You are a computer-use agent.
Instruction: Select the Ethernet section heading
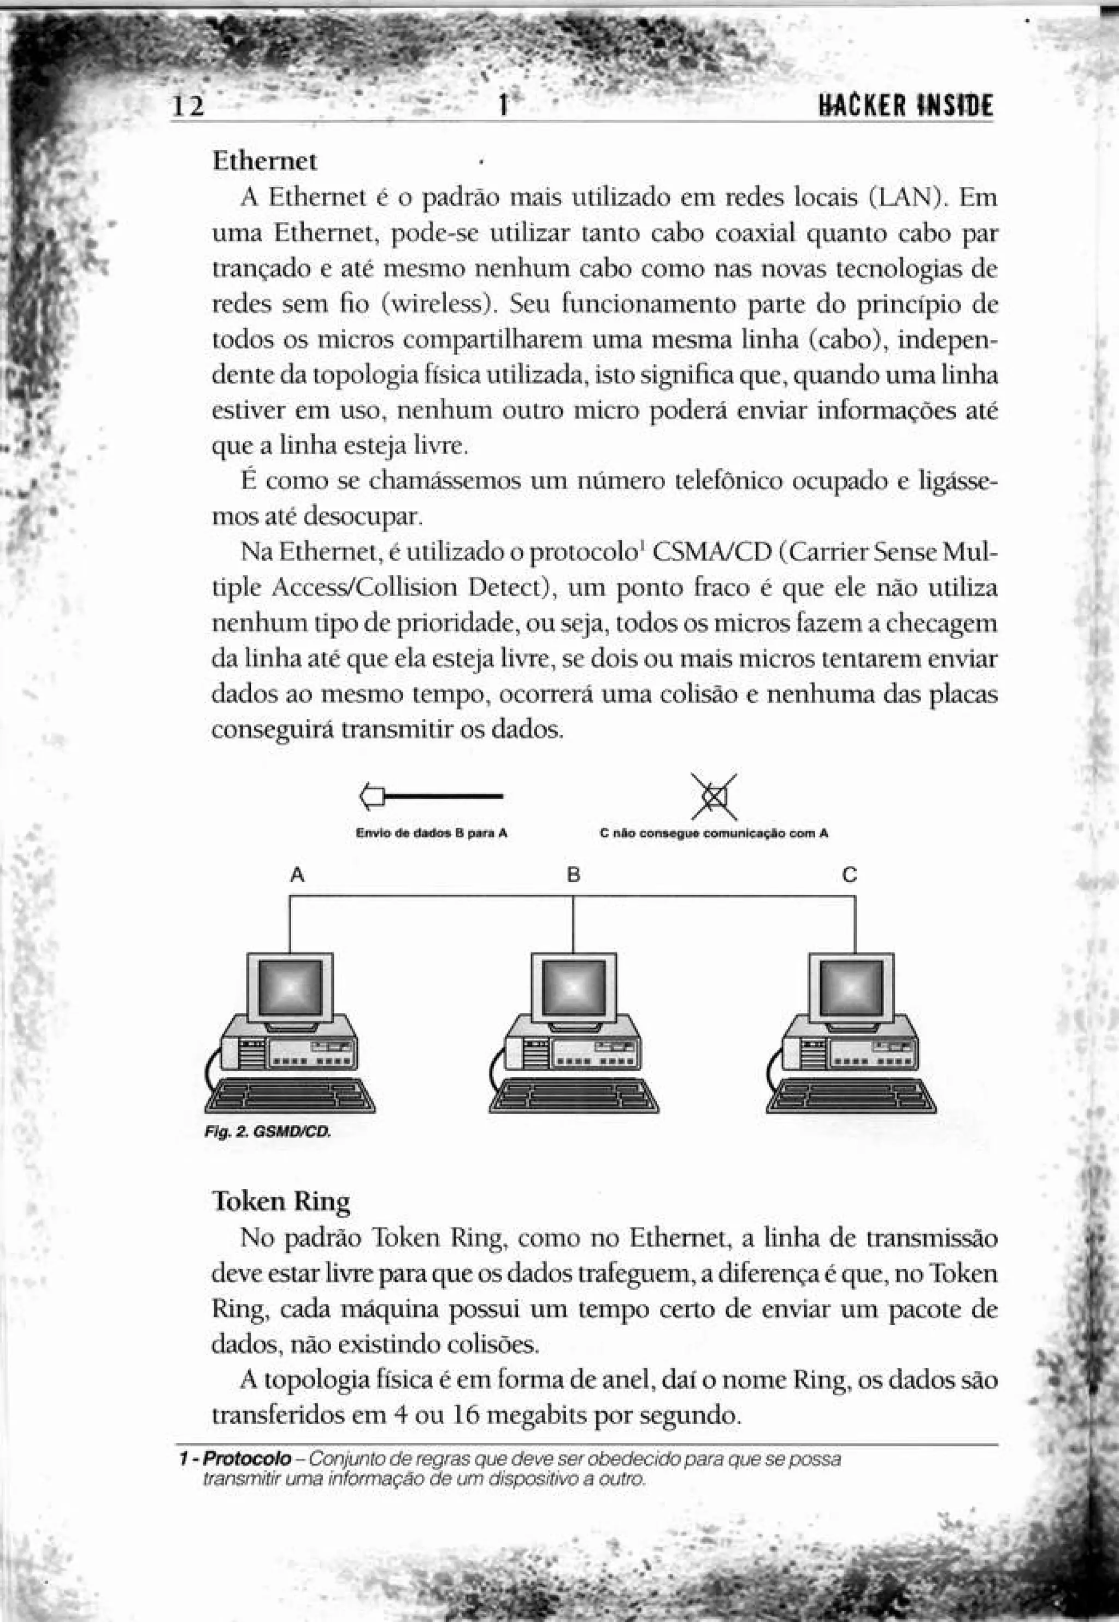[x=264, y=162]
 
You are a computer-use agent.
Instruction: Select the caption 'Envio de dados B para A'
[x=431, y=834]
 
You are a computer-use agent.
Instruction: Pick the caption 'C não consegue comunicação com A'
[x=714, y=834]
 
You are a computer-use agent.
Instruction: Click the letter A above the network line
[x=297, y=876]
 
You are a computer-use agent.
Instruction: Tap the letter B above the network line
[x=574, y=876]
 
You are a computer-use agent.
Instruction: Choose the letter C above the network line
[x=850, y=876]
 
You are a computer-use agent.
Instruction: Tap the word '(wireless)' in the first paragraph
[x=439, y=305]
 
